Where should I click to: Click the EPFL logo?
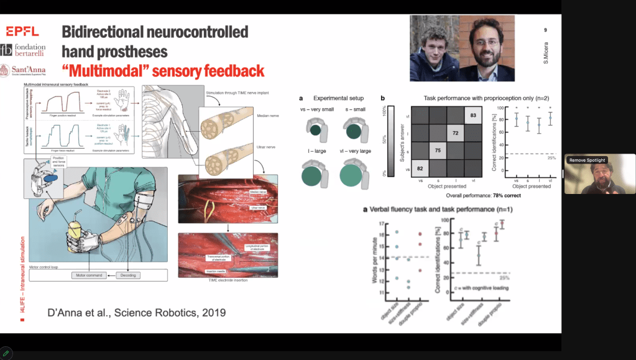(x=22, y=31)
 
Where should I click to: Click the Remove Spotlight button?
(x=588, y=160)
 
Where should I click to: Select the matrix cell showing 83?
(x=474, y=115)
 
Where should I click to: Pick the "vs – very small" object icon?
(x=316, y=129)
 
